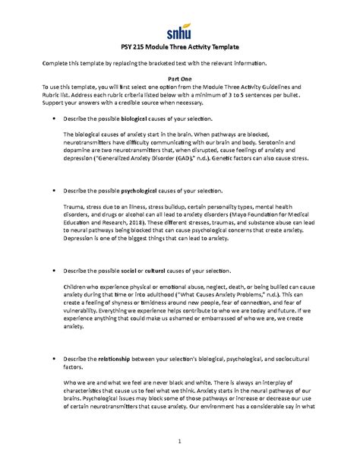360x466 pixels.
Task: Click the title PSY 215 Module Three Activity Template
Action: pyautogui.click(x=180, y=48)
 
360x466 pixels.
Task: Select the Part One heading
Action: pyautogui.click(x=179, y=78)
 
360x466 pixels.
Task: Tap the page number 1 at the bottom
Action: pyautogui.click(x=180, y=442)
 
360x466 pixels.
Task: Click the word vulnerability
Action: pyautogui.click(x=87, y=307)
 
